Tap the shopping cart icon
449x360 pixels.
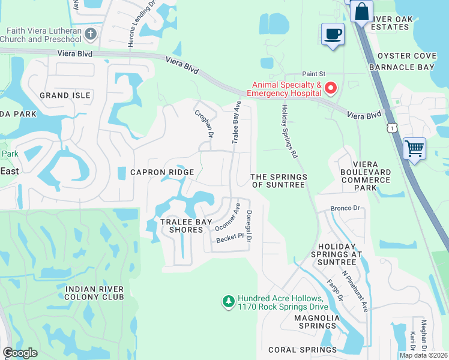pyautogui.click(x=415, y=148)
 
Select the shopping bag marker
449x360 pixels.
pyautogui.click(x=362, y=11)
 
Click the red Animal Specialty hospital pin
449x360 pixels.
pyautogui.click(x=330, y=89)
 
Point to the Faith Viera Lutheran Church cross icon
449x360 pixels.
pyautogui.click(x=91, y=34)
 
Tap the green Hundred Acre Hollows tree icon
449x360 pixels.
pyautogui.click(x=228, y=301)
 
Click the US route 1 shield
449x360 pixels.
pyautogui.click(x=391, y=128)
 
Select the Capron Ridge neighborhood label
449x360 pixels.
pyautogui.click(x=162, y=172)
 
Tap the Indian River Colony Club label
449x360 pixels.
pyautogui.click(x=94, y=293)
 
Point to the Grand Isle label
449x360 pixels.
pyautogui.click(x=65, y=95)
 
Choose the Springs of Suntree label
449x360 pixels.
pyautogui.click(x=279, y=181)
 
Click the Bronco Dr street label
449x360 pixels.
pyautogui.click(x=345, y=209)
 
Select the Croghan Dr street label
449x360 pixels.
pyautogui.click(x=203, y=123)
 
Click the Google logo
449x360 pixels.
pyautogui.click(x=20, y=353)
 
